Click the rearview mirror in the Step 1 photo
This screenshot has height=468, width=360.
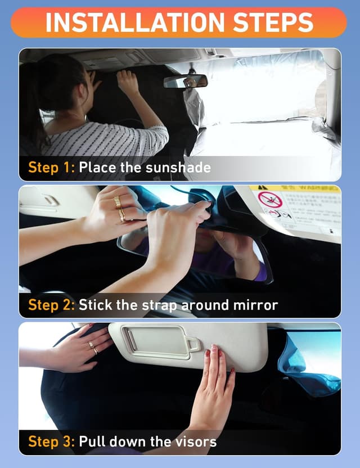(x=186, y=82)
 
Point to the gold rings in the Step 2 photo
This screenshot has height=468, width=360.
(x=119, y=208)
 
